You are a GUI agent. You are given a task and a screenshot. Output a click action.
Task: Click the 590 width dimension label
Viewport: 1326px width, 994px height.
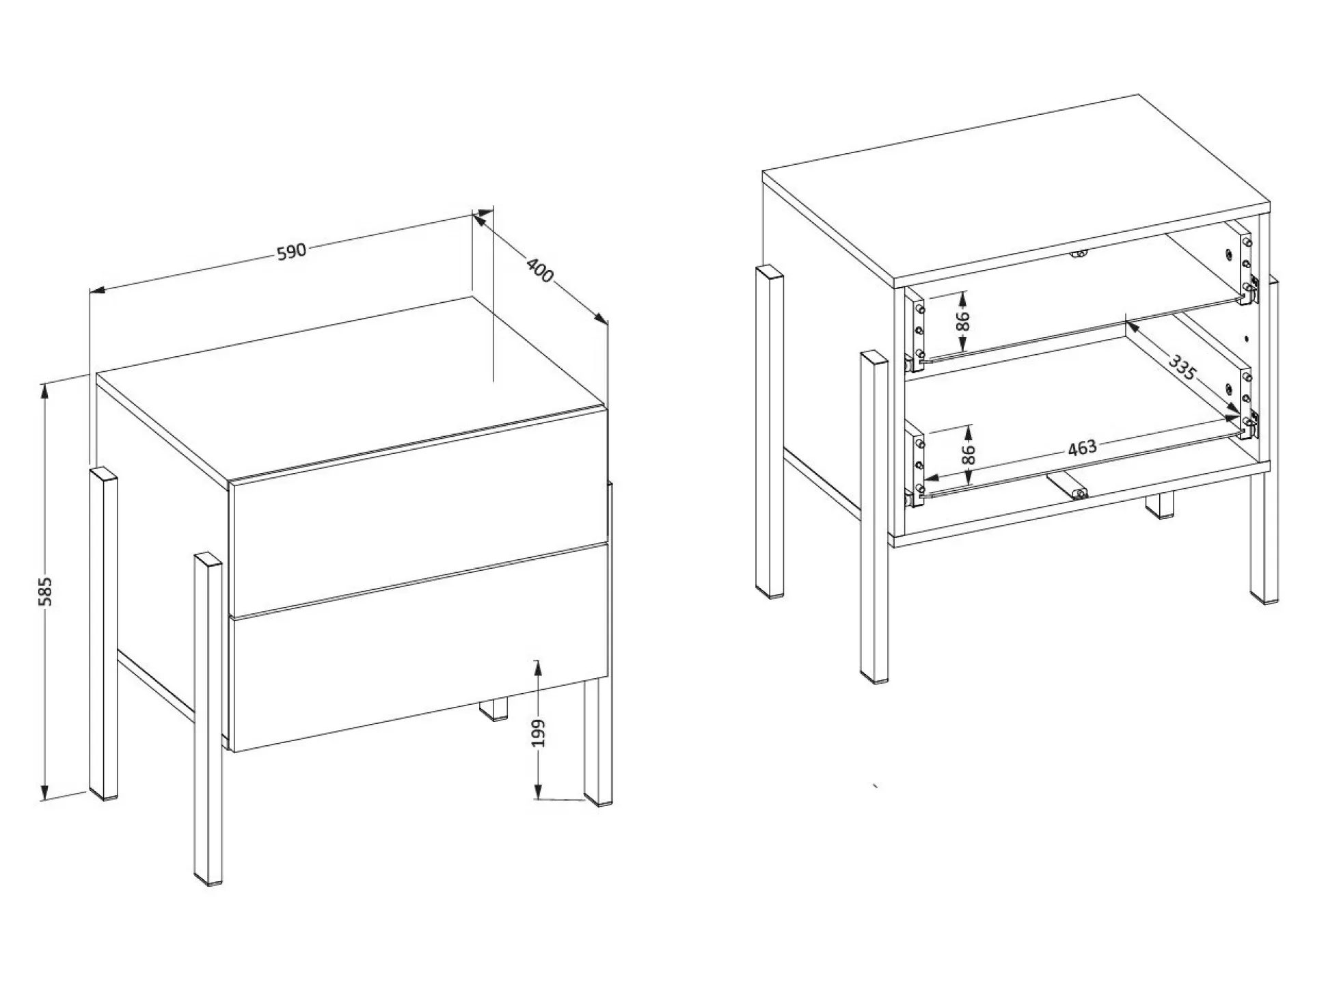tap(291, 252)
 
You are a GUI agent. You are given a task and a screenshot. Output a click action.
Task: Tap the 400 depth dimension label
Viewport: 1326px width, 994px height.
tap(539, 270)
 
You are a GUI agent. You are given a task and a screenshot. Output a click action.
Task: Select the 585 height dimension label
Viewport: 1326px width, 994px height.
tap(45, 591)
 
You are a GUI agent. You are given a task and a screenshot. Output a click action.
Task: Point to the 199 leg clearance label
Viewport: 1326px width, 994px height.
tap(539, 732)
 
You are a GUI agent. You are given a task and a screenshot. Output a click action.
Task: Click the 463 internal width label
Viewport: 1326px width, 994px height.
tap(1082, 448)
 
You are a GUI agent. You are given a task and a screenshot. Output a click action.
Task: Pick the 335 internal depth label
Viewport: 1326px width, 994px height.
tap(1182, 367)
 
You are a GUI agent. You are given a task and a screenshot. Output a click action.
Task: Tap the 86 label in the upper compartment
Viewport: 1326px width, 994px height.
tap(962, 320)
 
